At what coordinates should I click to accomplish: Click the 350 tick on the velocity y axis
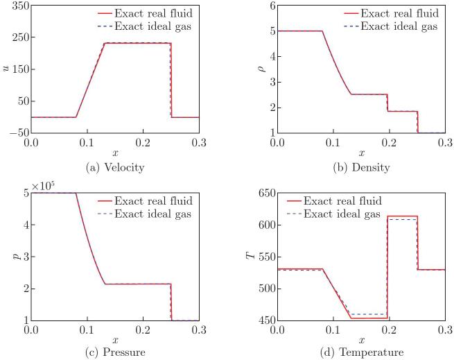pos(19,6)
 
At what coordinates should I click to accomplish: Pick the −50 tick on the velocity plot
pos(17,132)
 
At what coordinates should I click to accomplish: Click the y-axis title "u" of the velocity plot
pos(6,67)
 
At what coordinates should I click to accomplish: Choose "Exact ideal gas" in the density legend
pos(402,26)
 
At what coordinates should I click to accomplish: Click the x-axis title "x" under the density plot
pos(361,153)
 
